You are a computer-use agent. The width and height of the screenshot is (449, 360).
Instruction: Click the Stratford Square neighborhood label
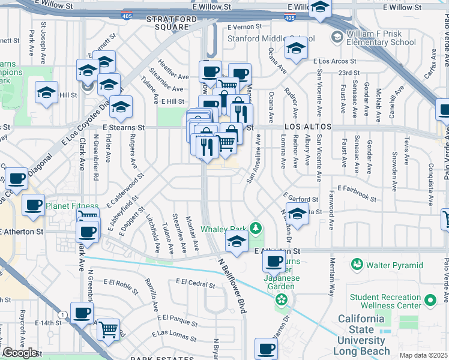click(172, 23)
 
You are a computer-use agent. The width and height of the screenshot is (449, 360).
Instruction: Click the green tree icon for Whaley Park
click(256, 228)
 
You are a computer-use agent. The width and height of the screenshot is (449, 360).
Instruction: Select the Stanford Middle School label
click(267, 39)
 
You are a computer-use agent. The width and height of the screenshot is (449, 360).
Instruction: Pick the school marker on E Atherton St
click(237, 242)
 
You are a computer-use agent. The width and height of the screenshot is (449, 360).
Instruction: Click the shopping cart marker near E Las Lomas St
click(108, 329)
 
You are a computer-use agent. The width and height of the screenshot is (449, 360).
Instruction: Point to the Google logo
click(20, 353)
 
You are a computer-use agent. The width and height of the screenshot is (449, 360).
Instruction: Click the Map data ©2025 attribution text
click(424, 355)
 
